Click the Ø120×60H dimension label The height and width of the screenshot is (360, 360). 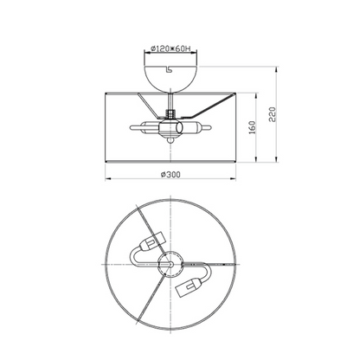(x=170, y=48)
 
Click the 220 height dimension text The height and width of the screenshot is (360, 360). (x=273, y=114)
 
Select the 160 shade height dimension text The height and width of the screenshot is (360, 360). (x=252, y=127)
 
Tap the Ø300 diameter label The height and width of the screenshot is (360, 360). (x=170, y=175)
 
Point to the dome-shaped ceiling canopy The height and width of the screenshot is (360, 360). (x=170, y=78)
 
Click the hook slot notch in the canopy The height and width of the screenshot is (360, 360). (x=168, y=68)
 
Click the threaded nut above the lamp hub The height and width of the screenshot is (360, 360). (x=170, y=113)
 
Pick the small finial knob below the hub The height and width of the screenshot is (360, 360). (x=170, y=140)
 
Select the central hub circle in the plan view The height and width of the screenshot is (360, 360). (x=170, y=264)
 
